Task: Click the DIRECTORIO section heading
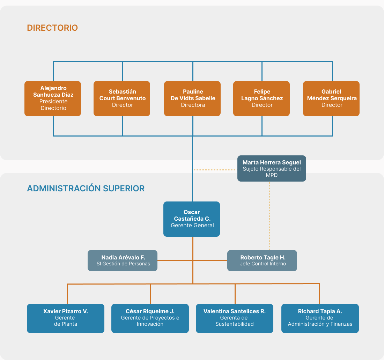pos(52,28)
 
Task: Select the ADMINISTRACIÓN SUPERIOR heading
pos(86,189)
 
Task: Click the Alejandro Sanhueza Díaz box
pos(53,98)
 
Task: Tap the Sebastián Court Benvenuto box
pos(122,98)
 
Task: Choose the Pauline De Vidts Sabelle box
pos(192,98)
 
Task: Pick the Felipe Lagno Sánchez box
pos(261,98)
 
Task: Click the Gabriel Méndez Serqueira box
pos(331,98)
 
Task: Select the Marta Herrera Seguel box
pos(272,168)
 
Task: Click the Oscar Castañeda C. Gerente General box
pos(192,219)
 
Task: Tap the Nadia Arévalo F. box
pos(123,260)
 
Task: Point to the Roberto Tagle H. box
pos(262,260)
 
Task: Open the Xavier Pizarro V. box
pos(66,318)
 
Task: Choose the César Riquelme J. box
pos(150,318)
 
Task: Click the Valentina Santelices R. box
pos(235,318)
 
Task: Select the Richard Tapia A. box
pos(320,318)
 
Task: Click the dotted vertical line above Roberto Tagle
pos(269,216)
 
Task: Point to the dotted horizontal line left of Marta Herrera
pos(215,170)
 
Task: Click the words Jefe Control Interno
pos(263,264)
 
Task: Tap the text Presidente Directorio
pos(53,105)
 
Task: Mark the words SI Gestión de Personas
pos(123,264)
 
